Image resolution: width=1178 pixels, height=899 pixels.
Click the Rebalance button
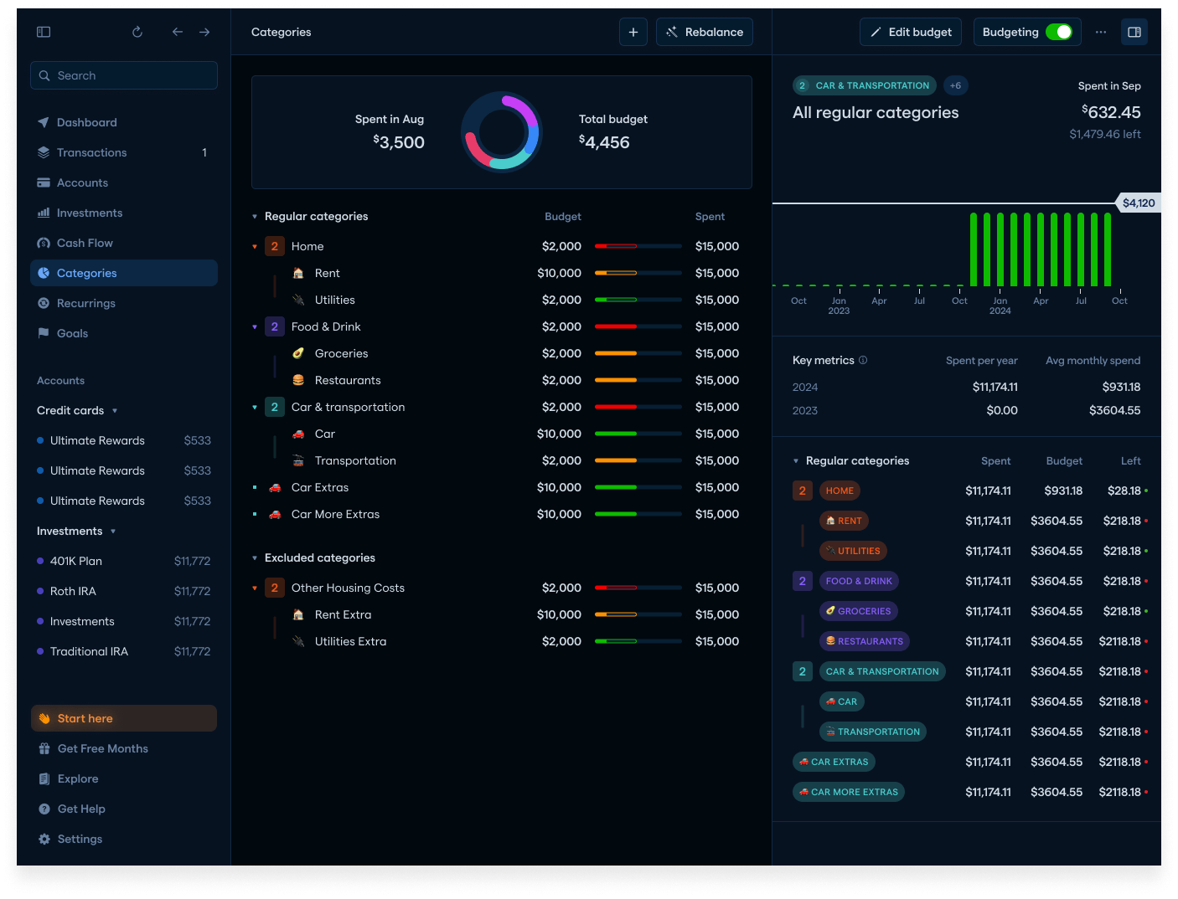(705, 32)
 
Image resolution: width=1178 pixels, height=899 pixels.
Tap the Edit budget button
(911, 32)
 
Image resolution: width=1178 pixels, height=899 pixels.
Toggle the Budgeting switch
(1058, 32)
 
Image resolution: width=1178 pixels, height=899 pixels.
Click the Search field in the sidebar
(124, 75)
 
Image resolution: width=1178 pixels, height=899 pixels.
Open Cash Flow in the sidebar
(85, 243)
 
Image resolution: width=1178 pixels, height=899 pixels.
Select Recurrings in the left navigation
(85, 303)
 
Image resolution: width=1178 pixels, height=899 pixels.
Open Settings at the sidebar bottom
(80, 839)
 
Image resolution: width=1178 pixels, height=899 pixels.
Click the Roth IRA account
(73, 591)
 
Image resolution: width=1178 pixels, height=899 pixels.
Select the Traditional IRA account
(89, 651)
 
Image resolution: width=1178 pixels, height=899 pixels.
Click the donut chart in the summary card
(502, 131)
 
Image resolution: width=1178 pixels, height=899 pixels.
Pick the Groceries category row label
(341, 353)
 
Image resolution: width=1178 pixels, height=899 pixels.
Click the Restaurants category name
(348, 380)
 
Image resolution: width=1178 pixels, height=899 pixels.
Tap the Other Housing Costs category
(348, 588)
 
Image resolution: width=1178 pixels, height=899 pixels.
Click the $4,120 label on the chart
(1138, 203)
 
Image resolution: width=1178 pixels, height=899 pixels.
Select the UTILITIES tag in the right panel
(853, 551)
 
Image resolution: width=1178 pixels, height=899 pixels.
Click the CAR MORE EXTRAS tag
(848, 792)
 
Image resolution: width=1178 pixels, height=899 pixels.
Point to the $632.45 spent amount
(1112, 112)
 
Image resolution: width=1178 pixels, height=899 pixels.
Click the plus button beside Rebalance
(633, 32)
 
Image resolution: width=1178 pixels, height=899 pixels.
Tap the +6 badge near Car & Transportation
(955, 85)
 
